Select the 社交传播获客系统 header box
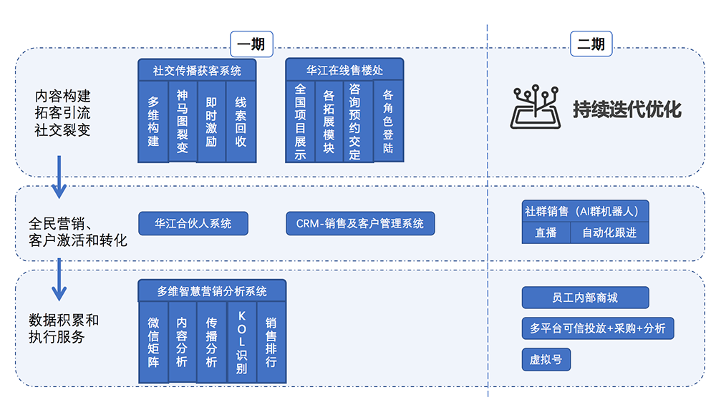tap(197, 70)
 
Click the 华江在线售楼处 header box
tap(344, 70)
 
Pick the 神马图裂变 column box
tap(182, 120)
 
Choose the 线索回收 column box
tap(241, 120)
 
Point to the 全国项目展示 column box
tap(301, 120)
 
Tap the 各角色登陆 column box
tap(388, 120)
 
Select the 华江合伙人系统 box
tap(193, 223)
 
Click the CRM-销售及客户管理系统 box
tap(360, 223)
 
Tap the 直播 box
tap(546, 232)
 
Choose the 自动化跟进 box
tap(609, 232)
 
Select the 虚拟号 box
tap(546, 359)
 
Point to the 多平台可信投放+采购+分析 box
tap(597, 328)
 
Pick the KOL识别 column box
tap(241, 342)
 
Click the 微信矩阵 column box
tap(153, 342)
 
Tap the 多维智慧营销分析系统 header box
tap(212, 290)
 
